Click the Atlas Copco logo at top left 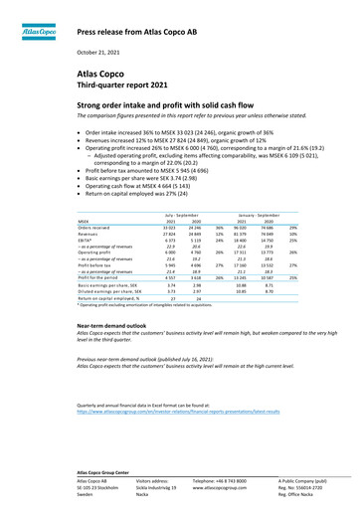pyautogui.click(x=35, y=32)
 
